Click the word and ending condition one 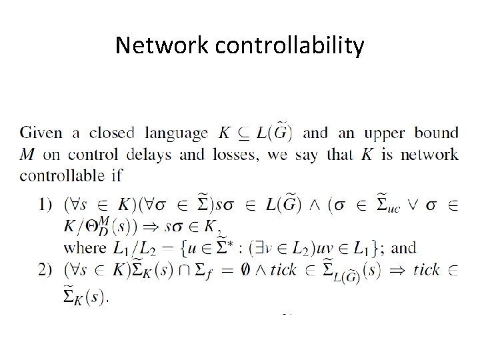click(403, 248)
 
